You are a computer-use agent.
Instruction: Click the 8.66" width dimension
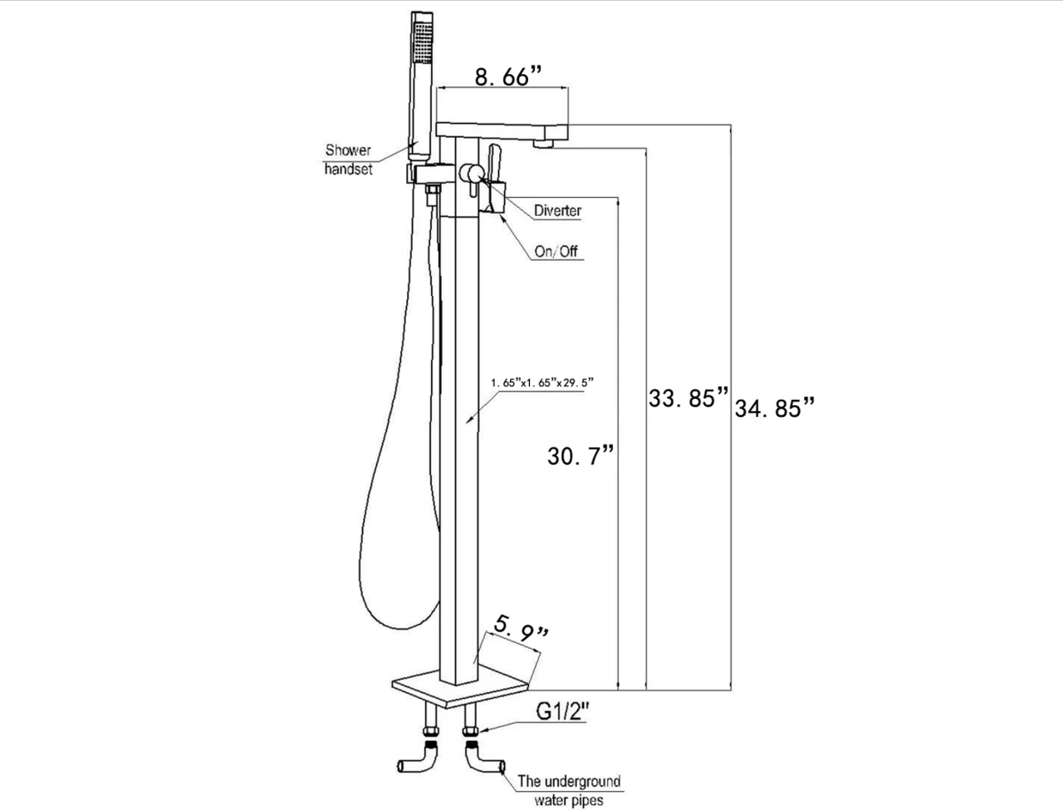[x=507, y=77]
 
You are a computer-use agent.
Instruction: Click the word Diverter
[x=557, y=210]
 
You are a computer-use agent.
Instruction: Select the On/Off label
[x=556, y=251]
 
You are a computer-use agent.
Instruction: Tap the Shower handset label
[x=349, y=159]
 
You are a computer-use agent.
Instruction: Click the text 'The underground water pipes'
[x=569, y=790]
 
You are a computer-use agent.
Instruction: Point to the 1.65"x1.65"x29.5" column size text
[x=543, y=383]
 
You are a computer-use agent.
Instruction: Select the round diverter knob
[x=472, y=174]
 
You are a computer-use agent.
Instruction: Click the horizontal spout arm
[x=503, y=129]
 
